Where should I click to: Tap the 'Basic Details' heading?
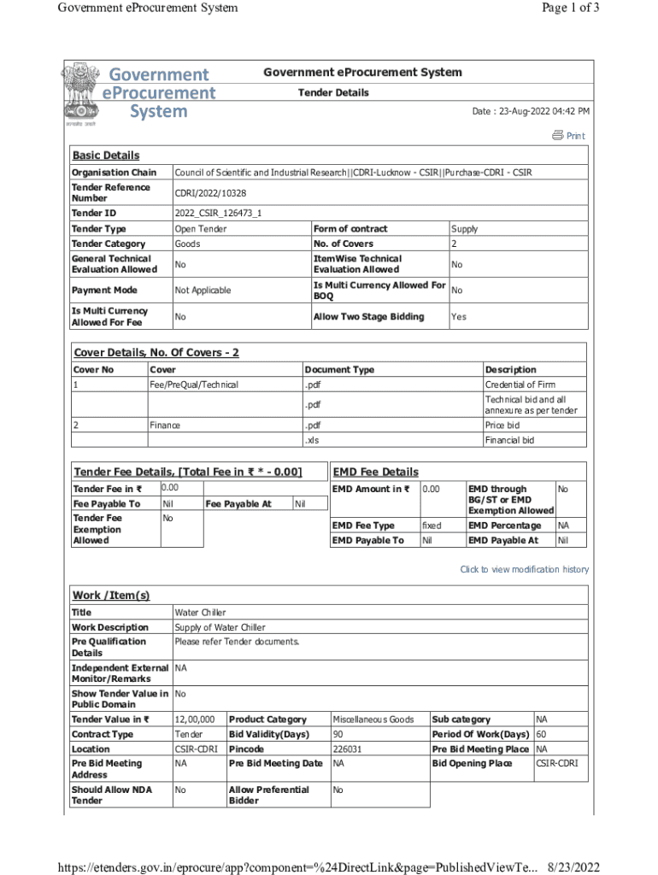(105, 156)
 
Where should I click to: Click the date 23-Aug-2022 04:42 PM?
(531, 112)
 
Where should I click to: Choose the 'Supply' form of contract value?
(464, 229)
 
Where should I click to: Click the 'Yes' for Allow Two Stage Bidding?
(459, 317)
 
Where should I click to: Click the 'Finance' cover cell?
(165, 425)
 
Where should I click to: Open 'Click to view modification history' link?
(524, 569)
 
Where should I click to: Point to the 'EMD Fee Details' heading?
(375, 472)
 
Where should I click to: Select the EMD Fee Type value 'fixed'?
(432, 526)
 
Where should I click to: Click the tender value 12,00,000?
(195, 719)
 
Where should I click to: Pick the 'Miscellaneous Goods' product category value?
(373, 719)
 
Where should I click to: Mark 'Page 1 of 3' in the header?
(570, 8)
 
